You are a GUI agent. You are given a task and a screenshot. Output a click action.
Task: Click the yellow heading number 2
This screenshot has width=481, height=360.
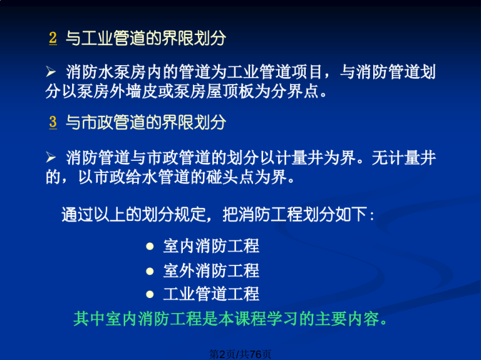[53, 38]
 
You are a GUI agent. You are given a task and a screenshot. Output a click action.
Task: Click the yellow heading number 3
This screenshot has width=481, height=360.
[53, 121]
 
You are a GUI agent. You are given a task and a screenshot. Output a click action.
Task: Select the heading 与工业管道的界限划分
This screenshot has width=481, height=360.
[146, 38]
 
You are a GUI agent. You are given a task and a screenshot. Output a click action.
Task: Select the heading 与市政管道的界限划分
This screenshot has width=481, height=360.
[146, 122]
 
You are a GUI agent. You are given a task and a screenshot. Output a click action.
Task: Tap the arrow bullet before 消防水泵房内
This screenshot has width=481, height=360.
[51, 72]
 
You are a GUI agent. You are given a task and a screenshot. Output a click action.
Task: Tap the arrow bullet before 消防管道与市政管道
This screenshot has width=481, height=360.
[51, 158]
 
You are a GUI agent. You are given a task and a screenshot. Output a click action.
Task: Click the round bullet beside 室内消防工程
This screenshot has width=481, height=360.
[150, 246]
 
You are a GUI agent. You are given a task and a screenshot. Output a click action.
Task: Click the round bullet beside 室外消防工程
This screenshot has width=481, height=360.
[150, 270]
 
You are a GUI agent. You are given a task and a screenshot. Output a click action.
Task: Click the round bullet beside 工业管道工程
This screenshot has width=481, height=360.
[150, 294]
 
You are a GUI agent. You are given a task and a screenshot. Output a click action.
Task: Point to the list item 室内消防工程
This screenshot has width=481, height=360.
[211, 246]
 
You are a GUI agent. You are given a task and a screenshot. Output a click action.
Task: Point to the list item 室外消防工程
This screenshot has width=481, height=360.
[211, 270]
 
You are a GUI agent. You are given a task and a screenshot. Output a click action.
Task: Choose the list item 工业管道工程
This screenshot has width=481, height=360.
[211, 294]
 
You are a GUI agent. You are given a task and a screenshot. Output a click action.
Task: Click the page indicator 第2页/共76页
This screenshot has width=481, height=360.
[240, 354]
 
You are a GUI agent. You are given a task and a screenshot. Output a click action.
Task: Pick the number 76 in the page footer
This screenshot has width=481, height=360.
[256, 354]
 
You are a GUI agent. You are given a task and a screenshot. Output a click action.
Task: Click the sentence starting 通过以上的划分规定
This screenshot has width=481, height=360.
[217, 214]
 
